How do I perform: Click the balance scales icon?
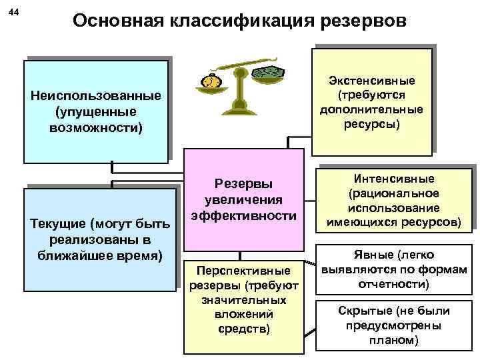click(x=239, y=83)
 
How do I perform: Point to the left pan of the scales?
click(x=210, y=83)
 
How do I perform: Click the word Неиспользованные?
click(x=96, y=95)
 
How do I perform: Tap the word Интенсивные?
click(x=395, y=178)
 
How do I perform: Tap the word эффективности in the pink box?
click(x=243, y=215)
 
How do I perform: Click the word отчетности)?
click(x=395, y=284)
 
